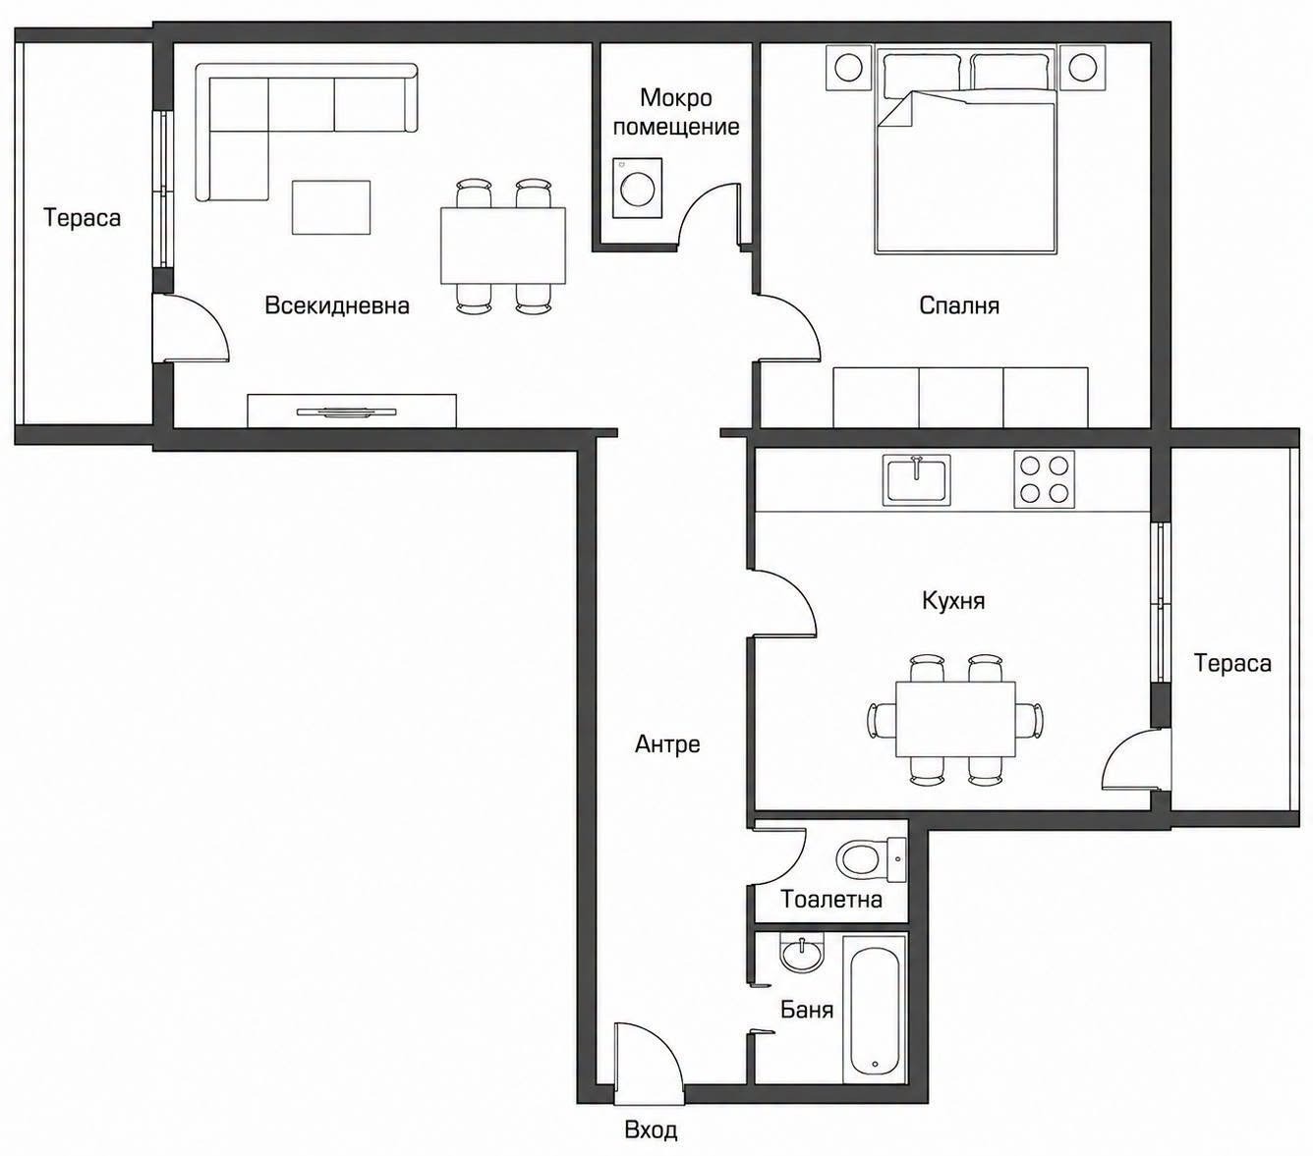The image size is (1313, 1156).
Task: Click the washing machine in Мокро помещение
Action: pos(637,188)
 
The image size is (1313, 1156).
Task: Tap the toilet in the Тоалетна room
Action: pos(871,859)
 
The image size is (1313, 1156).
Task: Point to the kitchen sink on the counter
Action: pos(916,480)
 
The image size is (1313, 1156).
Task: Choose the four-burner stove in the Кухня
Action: pos(1044,479)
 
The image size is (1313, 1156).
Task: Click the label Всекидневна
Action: pos(337,305)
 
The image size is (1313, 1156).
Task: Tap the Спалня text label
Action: pos(958,305)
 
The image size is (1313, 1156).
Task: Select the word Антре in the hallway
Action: pos(667,744)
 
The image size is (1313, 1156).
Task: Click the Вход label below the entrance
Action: pos(651,1130)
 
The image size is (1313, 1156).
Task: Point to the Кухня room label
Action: pos(953,601)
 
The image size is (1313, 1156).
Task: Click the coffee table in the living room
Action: pos(330,207)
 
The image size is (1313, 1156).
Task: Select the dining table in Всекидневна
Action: pos(503,246)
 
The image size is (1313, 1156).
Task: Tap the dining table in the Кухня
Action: pos(955,719)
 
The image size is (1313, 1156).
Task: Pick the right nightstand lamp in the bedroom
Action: pos(1082,67)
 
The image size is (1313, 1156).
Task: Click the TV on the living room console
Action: pos(346,412)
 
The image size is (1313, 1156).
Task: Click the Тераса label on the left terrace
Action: pos(83,218)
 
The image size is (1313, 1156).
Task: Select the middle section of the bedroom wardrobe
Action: pos(961,398)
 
